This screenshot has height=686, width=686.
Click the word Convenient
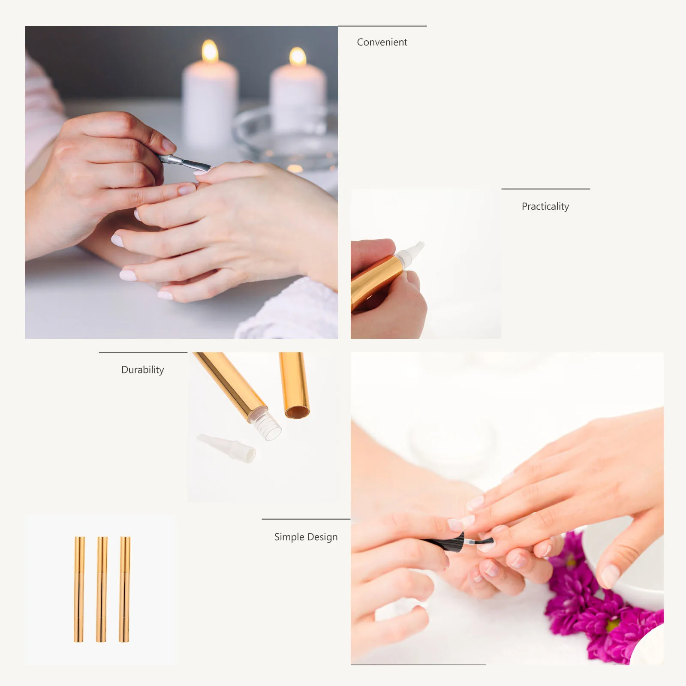382,42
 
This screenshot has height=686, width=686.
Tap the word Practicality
545,206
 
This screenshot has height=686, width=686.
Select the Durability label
142,370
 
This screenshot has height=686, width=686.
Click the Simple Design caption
306,537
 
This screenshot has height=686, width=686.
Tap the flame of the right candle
298,57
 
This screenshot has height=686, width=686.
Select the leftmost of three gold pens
79,589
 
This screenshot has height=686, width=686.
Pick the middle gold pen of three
102,589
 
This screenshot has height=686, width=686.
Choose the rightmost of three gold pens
124,589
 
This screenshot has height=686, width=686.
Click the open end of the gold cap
297,412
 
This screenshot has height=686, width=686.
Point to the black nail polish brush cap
446,542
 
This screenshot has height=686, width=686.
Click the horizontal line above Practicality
545,189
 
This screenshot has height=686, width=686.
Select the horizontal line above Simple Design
306,519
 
